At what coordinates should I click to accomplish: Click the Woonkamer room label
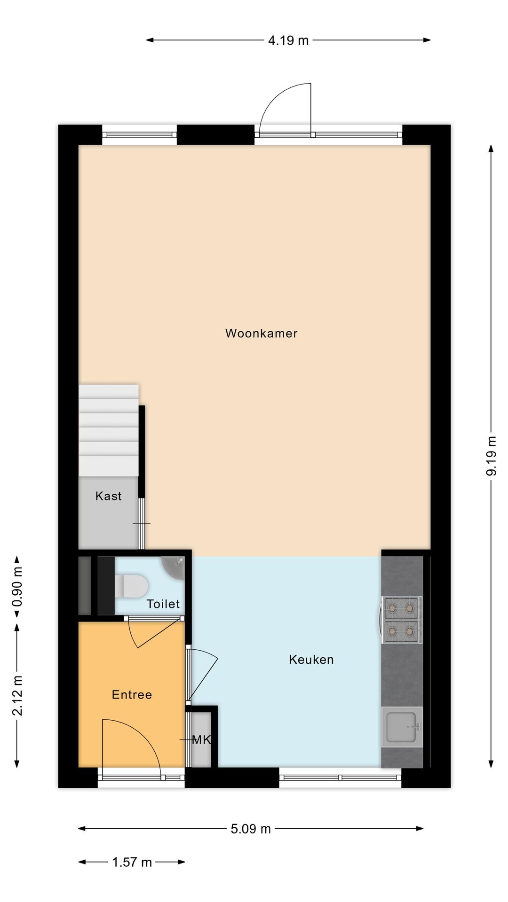261,334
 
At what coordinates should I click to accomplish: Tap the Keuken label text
311,660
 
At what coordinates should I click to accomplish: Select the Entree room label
132,695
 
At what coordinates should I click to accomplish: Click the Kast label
108,496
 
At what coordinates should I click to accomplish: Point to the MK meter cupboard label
201,740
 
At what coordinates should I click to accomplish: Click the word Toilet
163,604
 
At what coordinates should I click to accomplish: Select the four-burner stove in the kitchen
401,620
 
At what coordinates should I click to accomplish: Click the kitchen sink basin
401,727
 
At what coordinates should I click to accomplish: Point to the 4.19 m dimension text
288,41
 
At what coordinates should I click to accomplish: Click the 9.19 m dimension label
491,456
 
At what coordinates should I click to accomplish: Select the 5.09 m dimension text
251,829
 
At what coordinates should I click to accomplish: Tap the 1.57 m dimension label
132,863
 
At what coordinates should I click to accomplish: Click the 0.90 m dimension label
17,593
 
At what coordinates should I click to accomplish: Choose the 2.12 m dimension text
17,695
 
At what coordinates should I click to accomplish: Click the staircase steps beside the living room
109,430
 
